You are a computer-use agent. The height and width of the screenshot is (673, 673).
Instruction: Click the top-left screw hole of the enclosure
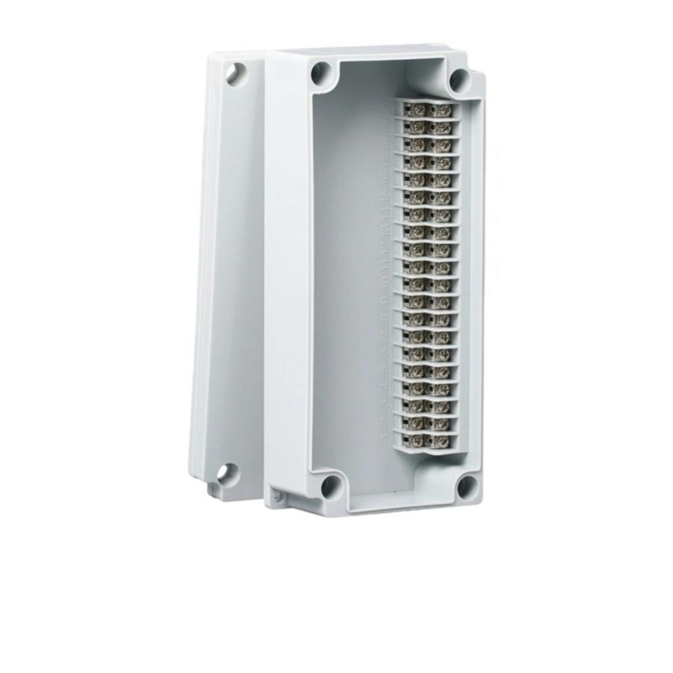[x=321, y=72]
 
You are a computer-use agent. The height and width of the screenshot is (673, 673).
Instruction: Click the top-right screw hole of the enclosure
[x=459, y=80]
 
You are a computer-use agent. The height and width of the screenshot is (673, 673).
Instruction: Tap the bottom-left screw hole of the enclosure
[x=330, y=487]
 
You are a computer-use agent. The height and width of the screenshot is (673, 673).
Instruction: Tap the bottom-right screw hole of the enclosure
[x=467, y=486]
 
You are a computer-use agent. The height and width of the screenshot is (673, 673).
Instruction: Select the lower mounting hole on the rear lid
[x=227, y=474]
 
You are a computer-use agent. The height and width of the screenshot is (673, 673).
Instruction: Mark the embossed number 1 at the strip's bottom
[x=384, y=438]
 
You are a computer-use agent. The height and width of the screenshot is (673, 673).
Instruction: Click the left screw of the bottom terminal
[x=417, y=439]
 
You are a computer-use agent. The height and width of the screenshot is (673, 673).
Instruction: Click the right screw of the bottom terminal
[x=442, y=440]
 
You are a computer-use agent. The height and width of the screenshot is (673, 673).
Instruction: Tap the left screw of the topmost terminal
[x=417, y=109]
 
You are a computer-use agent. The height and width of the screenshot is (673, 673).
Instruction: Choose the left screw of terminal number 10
[x=417, y=283]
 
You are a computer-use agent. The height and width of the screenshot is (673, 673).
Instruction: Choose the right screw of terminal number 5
[x=442, y=370]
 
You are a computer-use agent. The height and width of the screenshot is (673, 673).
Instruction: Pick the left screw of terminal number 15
[x=417, y=196]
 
